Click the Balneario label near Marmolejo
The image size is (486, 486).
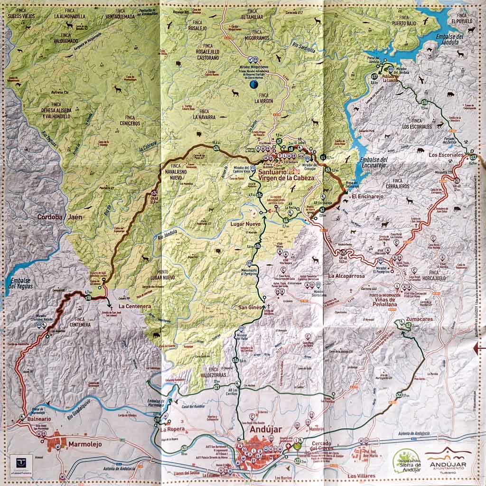tap(29, 421)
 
